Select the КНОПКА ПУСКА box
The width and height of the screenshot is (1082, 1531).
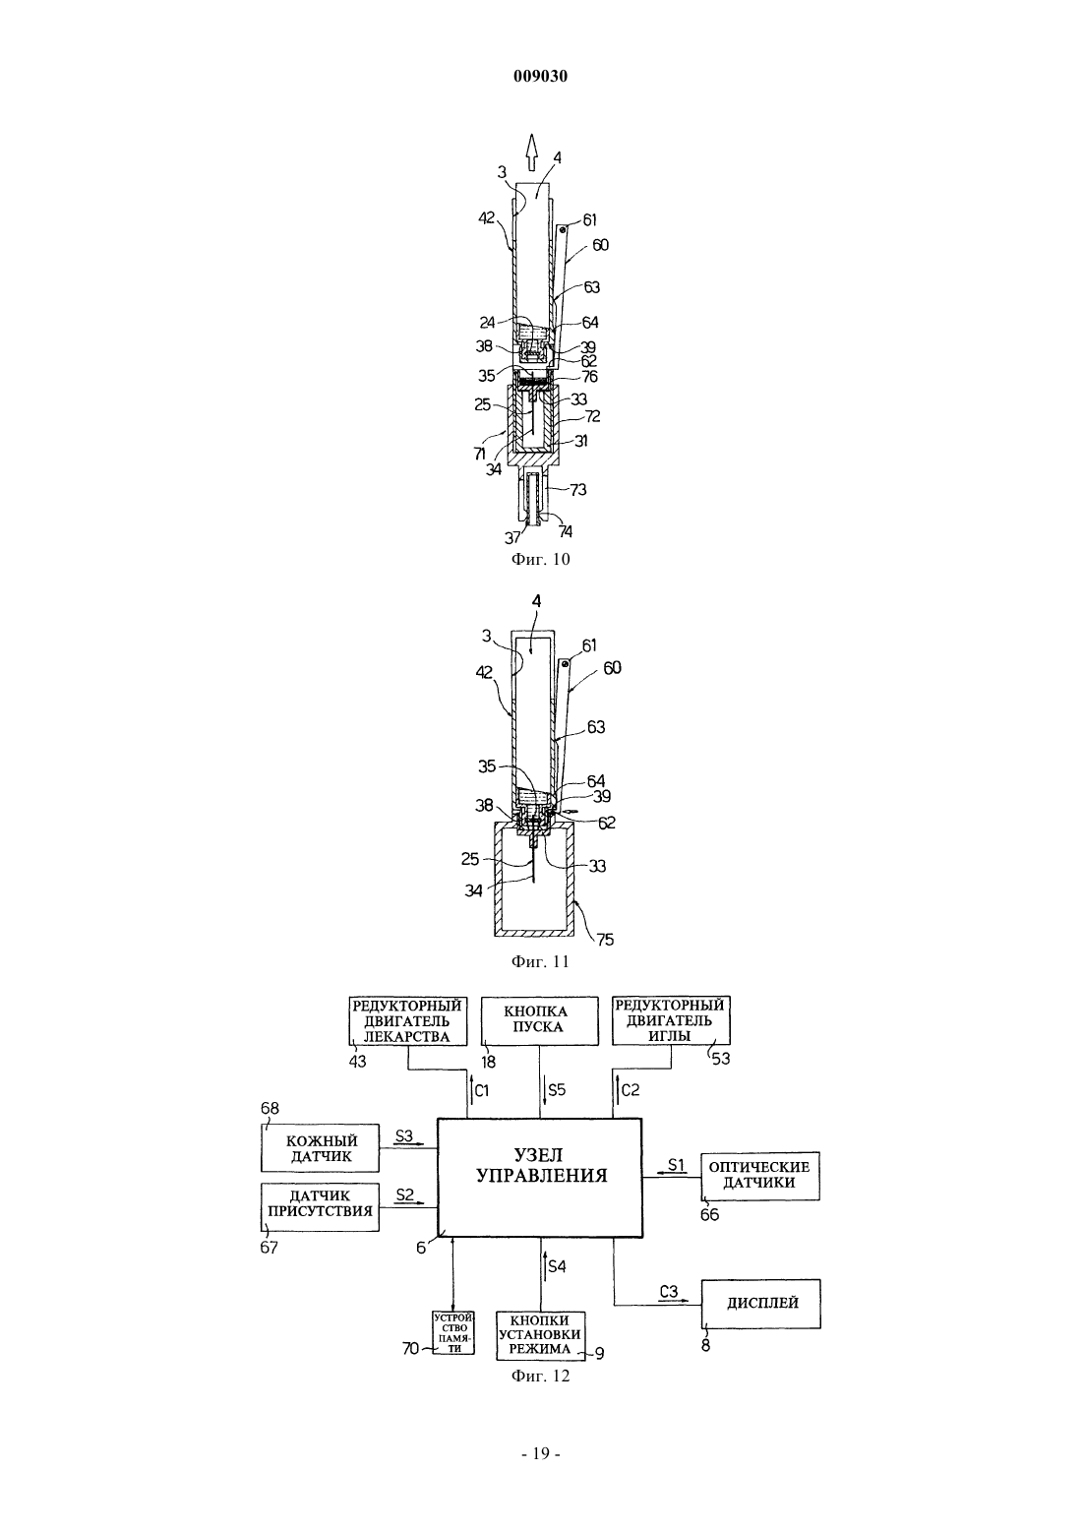tap(540, 1020)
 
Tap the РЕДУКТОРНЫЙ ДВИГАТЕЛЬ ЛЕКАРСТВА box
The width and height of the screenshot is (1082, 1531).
tap(407, 1020)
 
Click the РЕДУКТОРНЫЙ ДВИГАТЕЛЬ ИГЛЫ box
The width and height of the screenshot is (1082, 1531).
tap(671, 1020)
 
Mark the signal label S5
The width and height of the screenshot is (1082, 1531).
tap(557, 1089)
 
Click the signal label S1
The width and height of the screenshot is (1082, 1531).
tap(677, 1164)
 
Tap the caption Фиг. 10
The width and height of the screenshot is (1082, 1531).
tap(540, 559)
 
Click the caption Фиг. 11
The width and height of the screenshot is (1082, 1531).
tap(540, 961)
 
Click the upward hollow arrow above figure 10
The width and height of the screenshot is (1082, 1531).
tap(531, 152)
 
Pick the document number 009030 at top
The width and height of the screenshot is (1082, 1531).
tap(540, 76)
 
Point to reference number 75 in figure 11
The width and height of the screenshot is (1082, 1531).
tap(605, 940)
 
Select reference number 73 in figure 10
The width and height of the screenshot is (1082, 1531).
tap(578, 489)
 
